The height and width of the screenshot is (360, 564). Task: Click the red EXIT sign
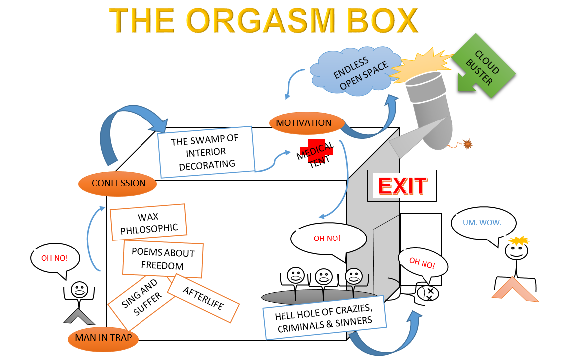(x=402, y=186)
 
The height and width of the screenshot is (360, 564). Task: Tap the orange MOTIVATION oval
(x=303, y=122)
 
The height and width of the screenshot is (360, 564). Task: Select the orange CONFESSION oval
(x=118, y=183)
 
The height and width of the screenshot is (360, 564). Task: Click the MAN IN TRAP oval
(x=103, y=338)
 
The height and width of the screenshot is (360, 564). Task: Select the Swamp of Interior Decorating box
(x=206, y=152)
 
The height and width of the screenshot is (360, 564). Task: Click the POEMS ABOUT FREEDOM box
(x=163, y=258)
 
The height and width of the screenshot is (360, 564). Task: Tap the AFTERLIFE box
(x=203, y=298)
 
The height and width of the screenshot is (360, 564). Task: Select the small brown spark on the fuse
(x=467, y=144)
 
